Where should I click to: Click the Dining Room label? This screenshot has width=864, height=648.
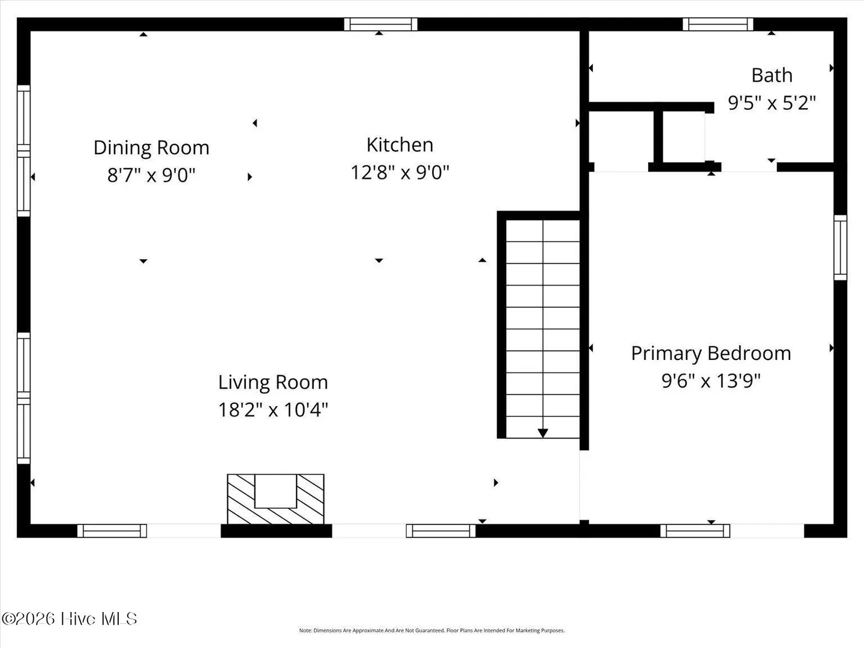(x=151, y=148)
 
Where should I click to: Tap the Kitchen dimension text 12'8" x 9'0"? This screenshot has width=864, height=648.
(x=400, y=172)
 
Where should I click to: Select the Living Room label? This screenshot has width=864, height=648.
(x=273, y=382)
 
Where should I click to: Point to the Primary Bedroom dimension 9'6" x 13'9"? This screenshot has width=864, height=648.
(x=711, y=381)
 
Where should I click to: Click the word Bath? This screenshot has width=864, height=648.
(x=772, y=75)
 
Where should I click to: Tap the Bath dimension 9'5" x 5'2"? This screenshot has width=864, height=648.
(x=772, y=103)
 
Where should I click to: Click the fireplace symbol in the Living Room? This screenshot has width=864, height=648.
(x=275, y=499)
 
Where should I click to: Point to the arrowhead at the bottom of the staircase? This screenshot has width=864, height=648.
(x=543, y=433)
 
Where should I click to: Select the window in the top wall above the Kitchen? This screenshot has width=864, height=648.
(x=380, y=24)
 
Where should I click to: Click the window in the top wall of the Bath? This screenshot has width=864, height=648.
(x=718, y=24)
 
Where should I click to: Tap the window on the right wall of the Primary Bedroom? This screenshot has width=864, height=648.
(x=841, y=247)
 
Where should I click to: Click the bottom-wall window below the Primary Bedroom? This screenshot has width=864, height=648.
(x=695, y=531)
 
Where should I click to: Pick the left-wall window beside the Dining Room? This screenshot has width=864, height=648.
(x=23, y=151)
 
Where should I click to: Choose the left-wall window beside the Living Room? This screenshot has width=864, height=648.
(x=23, y=398)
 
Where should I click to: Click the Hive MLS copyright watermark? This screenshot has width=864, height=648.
(x=69, y=619)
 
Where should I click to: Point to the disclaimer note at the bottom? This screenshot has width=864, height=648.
(x=432, y=630)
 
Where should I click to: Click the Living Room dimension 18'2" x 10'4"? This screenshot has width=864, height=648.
(x=273, y=410)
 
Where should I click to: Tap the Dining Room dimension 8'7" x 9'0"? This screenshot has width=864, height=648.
(x=151, y=175)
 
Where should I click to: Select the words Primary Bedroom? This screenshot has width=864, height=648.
(x=711, y=353)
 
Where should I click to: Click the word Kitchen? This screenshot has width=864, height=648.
(x=400, y=145)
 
